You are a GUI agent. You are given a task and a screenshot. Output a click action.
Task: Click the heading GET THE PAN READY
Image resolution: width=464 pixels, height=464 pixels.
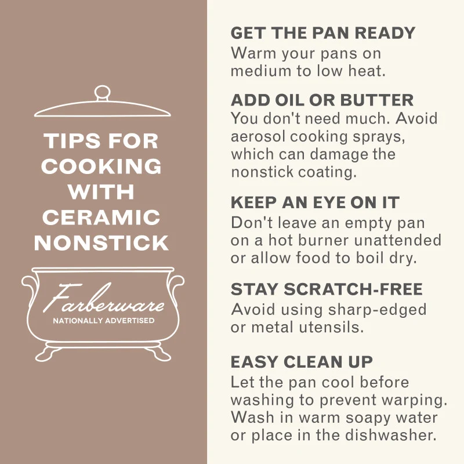pyautogui.click(x=323, y=33)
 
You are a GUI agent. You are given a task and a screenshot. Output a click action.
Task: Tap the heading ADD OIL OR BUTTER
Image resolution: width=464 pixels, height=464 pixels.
pyautogui.click(x=322, y=100)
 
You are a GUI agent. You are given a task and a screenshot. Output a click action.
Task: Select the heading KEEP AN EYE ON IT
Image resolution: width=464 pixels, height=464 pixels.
pyautogui.click(x=315, y=202)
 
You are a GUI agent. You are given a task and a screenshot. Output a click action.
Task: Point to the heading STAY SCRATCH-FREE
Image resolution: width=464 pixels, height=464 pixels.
pyautogui.click(x=327, y=289)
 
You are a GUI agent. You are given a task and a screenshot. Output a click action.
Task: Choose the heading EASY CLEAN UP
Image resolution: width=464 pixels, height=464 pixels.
pyautogui.click(x=302, y=361)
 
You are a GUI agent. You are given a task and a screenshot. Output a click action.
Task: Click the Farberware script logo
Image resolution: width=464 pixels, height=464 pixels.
pyautogui.click(x=104, y=298)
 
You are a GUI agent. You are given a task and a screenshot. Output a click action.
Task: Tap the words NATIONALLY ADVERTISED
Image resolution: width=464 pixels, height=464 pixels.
pyautogui.click(x=104, y=321)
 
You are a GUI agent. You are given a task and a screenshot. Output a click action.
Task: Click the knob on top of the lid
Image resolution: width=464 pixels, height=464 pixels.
pyautogui.click(x=103, y=93)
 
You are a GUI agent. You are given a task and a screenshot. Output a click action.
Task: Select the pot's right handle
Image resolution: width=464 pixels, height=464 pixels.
pyautogui.click(x=177, y=288)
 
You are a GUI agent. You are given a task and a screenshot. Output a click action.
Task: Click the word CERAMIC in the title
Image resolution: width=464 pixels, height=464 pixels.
pyautogui.click(x=101, y=217)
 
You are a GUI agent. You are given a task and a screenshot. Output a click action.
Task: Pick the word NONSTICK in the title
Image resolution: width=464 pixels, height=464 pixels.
pyautogui.click(x=101, y=243)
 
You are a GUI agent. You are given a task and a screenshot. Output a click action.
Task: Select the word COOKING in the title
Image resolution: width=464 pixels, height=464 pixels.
pyautogui.click(x=101, y=166)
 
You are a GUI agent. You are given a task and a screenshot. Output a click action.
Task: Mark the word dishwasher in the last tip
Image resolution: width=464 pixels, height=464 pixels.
pyautogui.click(x=391, y=435)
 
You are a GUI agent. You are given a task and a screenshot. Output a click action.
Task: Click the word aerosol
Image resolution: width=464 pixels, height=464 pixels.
pyautogui.click(x=258, y=136)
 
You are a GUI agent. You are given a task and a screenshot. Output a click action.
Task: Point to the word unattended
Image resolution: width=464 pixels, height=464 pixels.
pyautogui.click(x=397, y=240)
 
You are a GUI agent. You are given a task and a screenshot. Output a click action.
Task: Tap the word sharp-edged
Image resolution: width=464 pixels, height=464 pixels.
pyautogui.click(x=378, y=310)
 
